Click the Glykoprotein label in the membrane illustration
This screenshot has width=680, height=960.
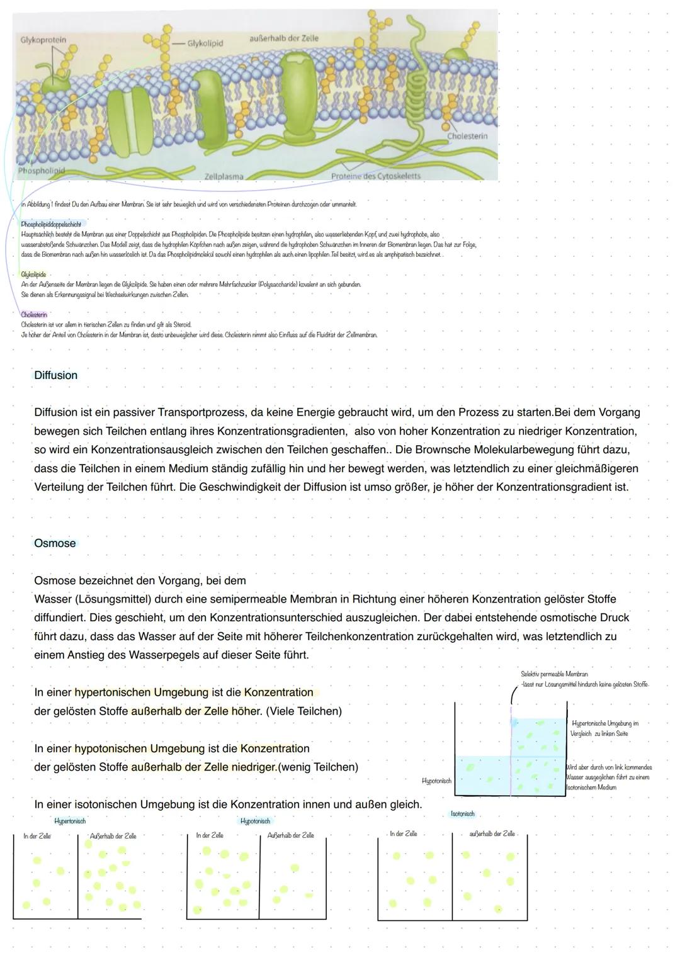click(43, 39)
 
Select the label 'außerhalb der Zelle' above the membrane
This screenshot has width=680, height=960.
click(284, 38)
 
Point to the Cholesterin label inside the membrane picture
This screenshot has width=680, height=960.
click(467, 136)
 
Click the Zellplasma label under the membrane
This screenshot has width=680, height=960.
click(224, 176)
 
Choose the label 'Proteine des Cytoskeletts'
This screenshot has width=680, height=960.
click(376, 176)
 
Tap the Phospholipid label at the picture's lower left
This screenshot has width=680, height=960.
click(42, 171)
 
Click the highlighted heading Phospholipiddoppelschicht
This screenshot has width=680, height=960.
click(51, 224)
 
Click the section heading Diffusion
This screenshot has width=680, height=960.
click(55, 375)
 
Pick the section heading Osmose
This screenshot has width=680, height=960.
click(54, 543)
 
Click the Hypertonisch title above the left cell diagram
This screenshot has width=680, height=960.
click(70, 821)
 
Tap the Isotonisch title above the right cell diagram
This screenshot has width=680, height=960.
click(462, 814)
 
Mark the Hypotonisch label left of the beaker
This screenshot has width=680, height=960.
click(436, 781)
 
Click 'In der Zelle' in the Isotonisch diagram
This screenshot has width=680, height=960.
click(403, 833)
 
